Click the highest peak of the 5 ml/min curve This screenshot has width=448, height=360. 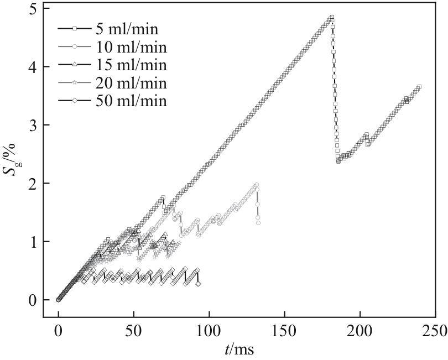(332, 17)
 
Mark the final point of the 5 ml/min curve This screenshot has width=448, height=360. (419, 87)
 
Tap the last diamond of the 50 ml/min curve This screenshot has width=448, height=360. (199, 284)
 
